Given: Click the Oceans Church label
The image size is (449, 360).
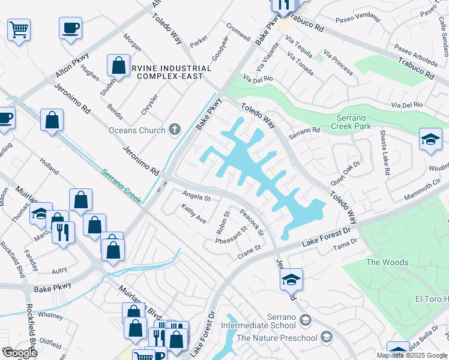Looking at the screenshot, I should (x=136, y=130).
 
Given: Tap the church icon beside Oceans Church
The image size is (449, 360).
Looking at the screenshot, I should (x=175, y=130).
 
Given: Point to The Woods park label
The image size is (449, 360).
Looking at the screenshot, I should (x=387, y=262).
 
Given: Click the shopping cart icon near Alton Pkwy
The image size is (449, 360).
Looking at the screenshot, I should (x=19, y=29).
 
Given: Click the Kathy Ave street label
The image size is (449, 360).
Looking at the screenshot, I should (x=194, y=213).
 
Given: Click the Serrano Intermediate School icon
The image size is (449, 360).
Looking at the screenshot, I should (x=306, y=318).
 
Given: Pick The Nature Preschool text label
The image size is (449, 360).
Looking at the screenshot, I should (x=277, y=338).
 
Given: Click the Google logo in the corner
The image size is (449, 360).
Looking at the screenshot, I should (x=20, y=353).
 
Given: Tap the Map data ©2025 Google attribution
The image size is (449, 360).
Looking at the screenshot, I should (x=411, y=355).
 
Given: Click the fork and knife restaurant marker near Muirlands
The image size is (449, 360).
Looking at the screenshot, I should (x=62, y=231).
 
